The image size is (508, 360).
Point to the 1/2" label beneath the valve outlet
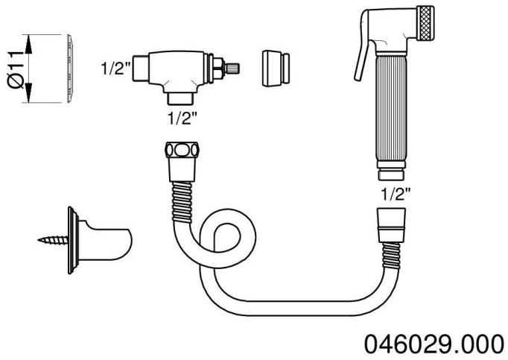click(x=183, y=119)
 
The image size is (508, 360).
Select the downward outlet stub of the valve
click(x=182, y=95)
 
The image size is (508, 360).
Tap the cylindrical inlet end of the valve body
click(x=143, y=69)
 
